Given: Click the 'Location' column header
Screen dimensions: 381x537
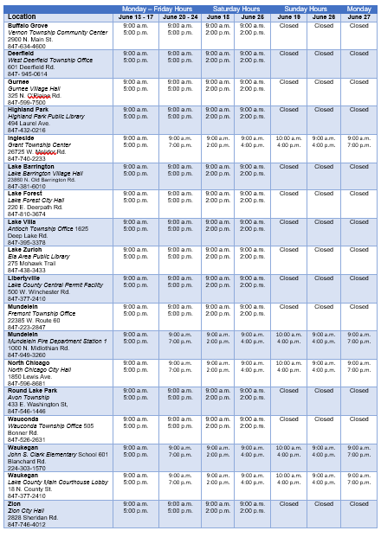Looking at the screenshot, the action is point(22,16).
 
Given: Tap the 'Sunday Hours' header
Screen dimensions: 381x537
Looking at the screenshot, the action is point(307,8).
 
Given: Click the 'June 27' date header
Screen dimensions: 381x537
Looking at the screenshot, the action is point(358,16).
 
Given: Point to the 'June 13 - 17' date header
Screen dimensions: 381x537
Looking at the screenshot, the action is point(136,16).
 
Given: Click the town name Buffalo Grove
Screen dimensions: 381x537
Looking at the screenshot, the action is point(28,25).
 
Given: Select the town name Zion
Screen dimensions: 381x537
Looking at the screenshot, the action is point(15,503).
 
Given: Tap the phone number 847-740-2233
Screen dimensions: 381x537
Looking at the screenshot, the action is point(27,158).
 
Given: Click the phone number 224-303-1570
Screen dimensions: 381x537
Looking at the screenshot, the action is point(27,468).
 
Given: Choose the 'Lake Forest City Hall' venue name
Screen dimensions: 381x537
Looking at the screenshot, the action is point(37,201).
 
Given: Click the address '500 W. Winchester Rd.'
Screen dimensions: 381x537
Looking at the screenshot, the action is point(39,292).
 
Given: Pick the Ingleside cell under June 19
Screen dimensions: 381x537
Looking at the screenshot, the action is point(288,141).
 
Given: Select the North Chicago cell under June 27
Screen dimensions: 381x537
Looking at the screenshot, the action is point(358,367).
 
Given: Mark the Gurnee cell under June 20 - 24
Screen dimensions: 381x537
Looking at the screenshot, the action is point(180,85).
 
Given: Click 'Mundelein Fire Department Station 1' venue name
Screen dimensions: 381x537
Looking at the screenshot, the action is point(57,342).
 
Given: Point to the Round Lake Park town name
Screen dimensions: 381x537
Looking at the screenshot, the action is point(32,390).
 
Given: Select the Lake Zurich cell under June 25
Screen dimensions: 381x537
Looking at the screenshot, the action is point(253,253).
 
